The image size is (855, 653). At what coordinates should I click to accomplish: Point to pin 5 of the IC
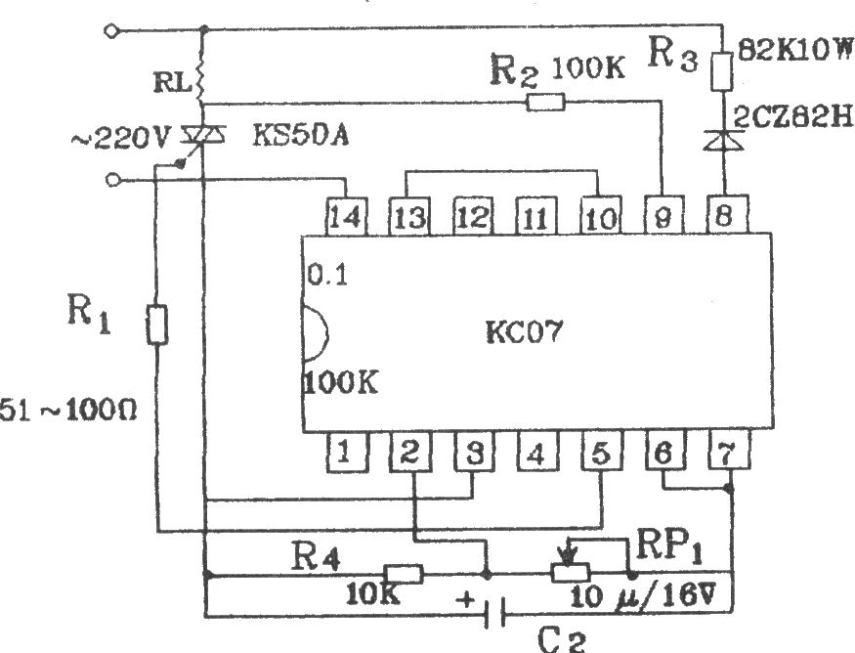pos(599,453)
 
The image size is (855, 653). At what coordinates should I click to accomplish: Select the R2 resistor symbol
pos(545,102)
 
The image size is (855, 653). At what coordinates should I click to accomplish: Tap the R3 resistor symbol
pos(724,70)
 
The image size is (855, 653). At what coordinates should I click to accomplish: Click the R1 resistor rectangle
pos(157,325)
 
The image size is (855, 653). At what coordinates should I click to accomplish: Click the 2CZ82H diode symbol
pos(724,143)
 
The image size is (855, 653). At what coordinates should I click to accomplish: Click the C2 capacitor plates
pos(499,615)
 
